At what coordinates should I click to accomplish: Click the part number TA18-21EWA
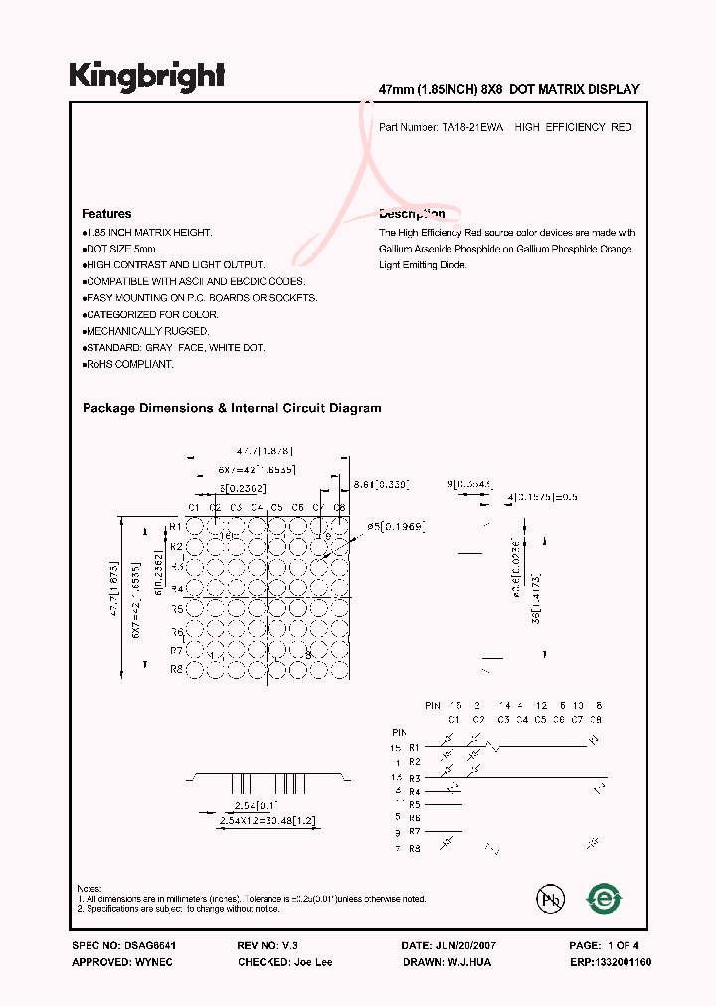(473, 128)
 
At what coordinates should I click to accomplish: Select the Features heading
(106, 214)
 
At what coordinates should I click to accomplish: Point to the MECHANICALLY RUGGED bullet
(146, 331)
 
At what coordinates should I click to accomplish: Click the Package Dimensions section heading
(231, 408)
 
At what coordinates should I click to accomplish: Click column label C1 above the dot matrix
(194, 508)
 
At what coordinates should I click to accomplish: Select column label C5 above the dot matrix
(277, 508)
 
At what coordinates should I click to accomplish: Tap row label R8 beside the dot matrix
(175, 670)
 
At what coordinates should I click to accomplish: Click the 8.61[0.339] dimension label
(382, 484)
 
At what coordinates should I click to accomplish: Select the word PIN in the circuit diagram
(432, 704)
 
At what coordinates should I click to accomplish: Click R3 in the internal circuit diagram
(416, 777)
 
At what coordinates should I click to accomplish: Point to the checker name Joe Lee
(314, 962)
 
